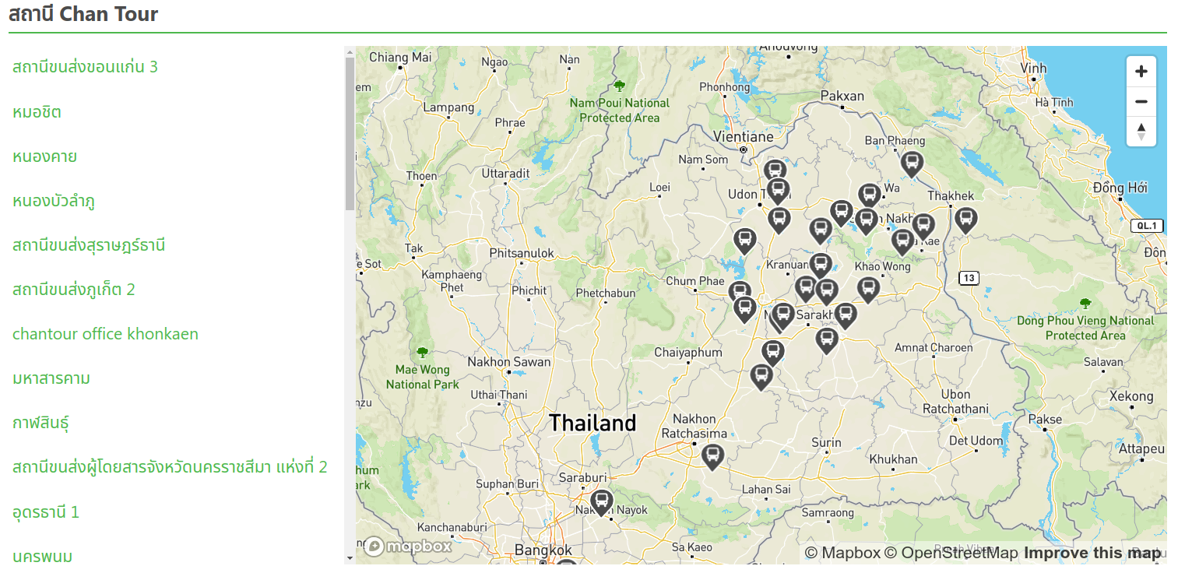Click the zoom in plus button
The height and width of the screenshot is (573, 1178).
(x=1141, y=72)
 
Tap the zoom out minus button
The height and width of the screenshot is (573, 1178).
(x=1141, y=101)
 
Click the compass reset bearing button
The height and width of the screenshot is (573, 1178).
(x=1141, y=132)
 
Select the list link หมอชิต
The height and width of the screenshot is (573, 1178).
(x=37, y=112)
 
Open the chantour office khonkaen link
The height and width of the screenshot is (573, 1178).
(x=105, y=334)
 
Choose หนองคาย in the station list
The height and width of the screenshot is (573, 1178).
(x=44, y=156)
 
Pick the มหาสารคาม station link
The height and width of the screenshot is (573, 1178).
(x=51, y=378)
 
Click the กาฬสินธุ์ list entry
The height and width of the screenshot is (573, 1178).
(x=41, y=423)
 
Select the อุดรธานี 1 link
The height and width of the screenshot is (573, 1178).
(x=46, y=511)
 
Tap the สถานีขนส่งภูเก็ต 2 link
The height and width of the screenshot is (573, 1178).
(x=74, y=290)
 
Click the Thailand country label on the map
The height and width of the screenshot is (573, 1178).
(x=593, y=424)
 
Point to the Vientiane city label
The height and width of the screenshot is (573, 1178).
(x=743, y=137)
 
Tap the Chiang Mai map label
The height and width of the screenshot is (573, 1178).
(x=399, y=57)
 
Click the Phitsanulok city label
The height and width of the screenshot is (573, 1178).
(x=522, y=253)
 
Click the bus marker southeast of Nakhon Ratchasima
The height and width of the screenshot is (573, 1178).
(x=712, y=455)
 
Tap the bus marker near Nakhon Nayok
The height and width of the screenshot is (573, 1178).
(x=601, y=501)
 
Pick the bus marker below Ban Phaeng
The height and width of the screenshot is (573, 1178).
(x=912, y=163)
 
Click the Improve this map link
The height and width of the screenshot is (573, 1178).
(x=1092, y=553)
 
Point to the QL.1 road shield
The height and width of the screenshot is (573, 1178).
(x=1147, y=226)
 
